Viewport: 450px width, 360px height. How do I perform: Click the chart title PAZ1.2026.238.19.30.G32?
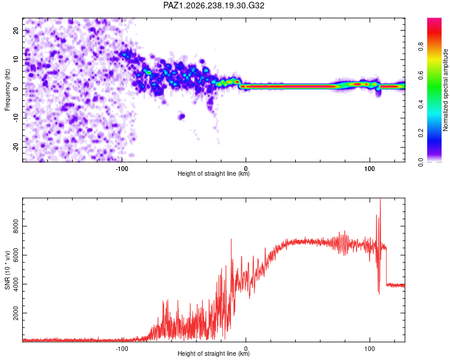(x=214, y=5)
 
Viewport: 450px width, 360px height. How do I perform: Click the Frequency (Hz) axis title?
(x=7, y=90)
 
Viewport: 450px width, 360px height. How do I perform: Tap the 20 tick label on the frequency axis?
(x=16, y=31)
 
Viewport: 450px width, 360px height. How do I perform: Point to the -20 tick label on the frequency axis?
(x=16, y=147)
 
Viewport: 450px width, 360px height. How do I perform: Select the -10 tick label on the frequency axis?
(x=16, y=118)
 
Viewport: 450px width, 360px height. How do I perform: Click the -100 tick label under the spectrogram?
(x=122, y=169)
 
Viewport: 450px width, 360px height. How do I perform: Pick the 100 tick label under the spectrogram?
(x=370, y=169)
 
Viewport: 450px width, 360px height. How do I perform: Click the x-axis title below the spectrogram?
(x=214, y=173)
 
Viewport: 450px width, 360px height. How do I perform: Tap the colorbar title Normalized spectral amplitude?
(x=445, y=90)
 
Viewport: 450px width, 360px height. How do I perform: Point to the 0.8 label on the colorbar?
(x=421, y=47)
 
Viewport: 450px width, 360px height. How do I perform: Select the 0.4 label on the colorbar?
(x=421, y=104)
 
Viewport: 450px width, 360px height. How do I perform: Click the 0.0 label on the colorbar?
(x=421, y=163)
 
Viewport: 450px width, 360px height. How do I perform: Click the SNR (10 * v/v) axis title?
(x=7, y=270)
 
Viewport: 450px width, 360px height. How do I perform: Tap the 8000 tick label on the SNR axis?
(x=16, y=226)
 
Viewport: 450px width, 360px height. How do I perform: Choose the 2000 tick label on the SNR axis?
(x=16, y=313)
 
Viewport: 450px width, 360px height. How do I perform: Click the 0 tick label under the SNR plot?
(x=245, y=349)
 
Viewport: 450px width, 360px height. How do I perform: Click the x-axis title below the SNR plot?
(x=214, y=353)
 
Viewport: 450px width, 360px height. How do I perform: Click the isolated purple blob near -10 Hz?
(x=181, y=116)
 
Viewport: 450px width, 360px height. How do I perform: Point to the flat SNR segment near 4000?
(x=396, y=285)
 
